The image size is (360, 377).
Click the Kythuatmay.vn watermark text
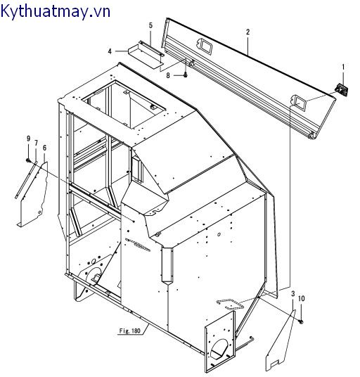tap(56, 11)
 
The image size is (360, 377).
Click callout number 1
tap(343, 67)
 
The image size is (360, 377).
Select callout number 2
tap(247, 32)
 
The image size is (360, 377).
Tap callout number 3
tap(293, 293)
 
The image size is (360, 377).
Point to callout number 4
tap(110, 51)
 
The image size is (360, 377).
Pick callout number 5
tap(150, 25)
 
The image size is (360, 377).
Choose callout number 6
tap(44, 148)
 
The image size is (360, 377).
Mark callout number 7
tap(36, 143)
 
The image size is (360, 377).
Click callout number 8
tap(168, 75)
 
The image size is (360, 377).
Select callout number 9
tap(28, 139)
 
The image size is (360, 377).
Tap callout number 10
tap(302, 298)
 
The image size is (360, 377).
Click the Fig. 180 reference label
tap(130, 331)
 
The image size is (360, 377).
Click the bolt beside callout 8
tap(185, 75)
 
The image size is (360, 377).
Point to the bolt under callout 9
tap(28, 160)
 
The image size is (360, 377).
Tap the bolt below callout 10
tap(301, 321)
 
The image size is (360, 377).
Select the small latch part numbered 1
tap(342, 90)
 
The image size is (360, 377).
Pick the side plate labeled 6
tap(34, 195)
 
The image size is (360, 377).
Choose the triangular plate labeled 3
tap(281, 341)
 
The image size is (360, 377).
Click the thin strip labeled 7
tap(26, 180)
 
